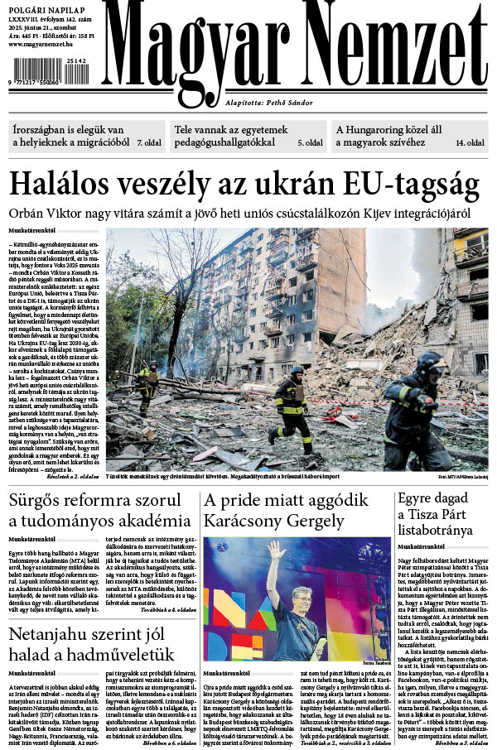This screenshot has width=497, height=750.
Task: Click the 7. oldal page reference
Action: click(149, 143)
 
